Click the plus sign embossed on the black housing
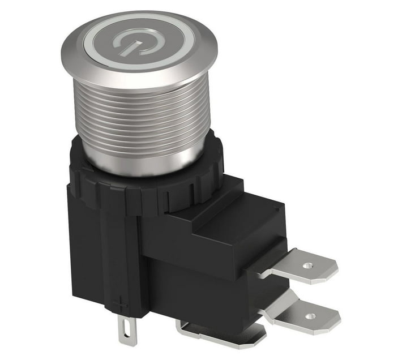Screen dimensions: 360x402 pos(120,305)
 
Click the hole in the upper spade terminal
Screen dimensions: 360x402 pos(307,265)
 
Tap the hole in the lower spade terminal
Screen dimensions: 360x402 pos(311,316)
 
